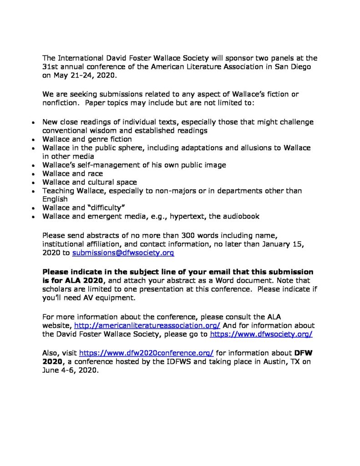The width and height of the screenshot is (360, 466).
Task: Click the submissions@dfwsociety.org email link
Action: pos(123,252)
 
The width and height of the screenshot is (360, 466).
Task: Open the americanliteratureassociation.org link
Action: pos(147,325)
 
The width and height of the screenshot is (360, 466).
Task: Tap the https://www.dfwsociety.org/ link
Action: pos(261,334)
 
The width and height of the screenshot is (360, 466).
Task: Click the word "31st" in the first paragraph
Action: pos(50,66)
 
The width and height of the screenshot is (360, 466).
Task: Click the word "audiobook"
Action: pos(239,216)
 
